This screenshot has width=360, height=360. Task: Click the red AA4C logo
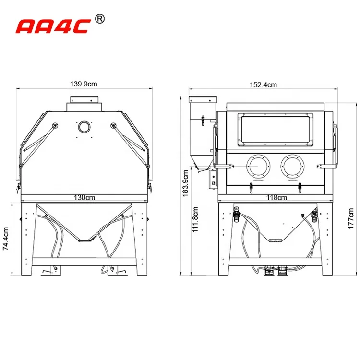click(53, 26)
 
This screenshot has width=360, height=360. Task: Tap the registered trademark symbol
click(100, 19)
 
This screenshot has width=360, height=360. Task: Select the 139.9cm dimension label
click(84, 84)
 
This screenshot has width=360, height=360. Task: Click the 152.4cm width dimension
click(264, 85)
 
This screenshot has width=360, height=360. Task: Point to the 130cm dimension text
click(84, 197)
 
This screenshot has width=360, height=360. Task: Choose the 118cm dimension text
click(276, 197)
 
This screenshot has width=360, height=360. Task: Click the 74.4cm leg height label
click(5, 239)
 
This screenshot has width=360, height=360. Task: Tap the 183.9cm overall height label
click(185, 183)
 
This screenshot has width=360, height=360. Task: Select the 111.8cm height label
click(195, 219)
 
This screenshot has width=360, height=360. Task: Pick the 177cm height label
click(351, 218)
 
